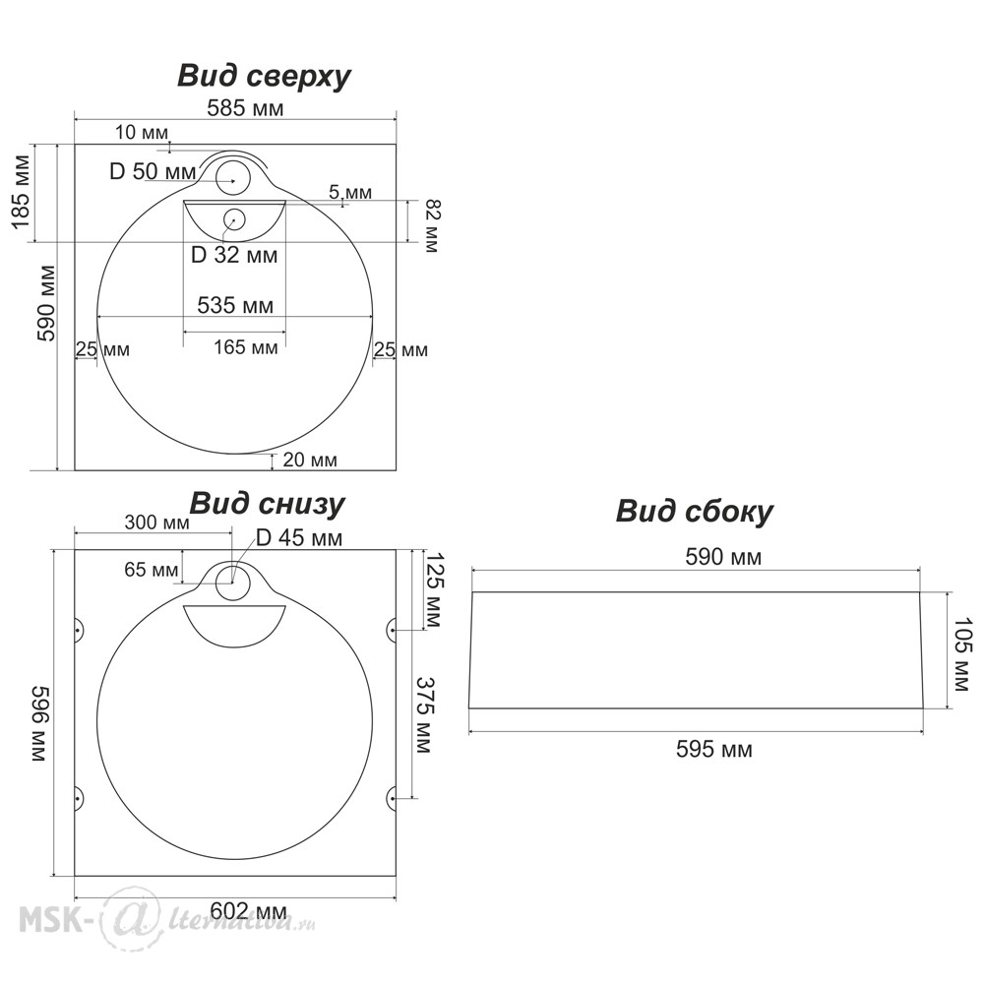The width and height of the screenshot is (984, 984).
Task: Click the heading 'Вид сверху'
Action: (264, 77)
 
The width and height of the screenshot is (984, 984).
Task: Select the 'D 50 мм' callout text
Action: (153, 171)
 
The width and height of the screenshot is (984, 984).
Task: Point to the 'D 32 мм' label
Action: (233, 255)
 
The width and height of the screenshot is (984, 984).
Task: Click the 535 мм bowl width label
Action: (235, 305)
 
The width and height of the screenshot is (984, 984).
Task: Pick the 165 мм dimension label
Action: (245, 347)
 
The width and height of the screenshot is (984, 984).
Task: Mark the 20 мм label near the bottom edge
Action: (310, 460)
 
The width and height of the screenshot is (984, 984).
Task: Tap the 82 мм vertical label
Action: (430, 225)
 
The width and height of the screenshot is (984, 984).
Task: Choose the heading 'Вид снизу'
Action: (267, 504)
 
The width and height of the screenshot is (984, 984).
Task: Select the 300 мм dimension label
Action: (156, 523)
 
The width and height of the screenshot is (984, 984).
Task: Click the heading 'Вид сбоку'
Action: (694, 512)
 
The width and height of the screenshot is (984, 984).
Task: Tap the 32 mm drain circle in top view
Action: (234, 218)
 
